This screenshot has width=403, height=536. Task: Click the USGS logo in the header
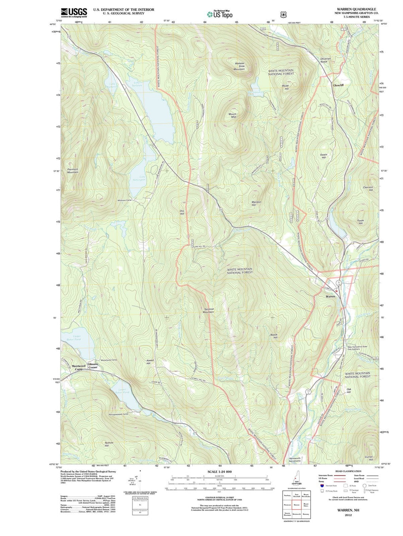click(x=74, y=12)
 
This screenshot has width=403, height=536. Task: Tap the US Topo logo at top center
click(x=220, y=14)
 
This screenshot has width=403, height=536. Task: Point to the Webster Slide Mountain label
click(x=239, y=66)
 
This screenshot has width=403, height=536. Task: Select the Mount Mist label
click(x=232, y=115)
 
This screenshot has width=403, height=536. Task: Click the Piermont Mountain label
click(x=73, y=171)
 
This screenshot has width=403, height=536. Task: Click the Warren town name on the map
click(x=330, y=296)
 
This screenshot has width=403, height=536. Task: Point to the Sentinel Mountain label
click(x=209, y=310)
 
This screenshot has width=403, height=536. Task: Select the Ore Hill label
click(x=182, y=212)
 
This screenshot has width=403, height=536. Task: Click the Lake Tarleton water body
click(x=159, y=116)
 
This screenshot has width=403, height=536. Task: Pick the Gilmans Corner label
click(x=93, y=366)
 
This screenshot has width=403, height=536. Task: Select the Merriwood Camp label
click(x=78, y=367)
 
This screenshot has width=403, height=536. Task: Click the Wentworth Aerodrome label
click(x=294, y=459)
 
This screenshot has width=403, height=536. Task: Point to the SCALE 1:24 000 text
click(x=219, y=472)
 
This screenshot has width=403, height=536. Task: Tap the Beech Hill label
click(x=274, y=336)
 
